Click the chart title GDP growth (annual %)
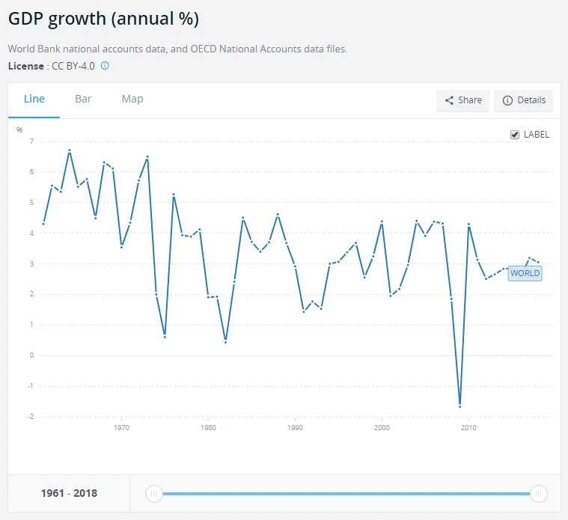tap(103, 19)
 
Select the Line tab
tap(34, 100)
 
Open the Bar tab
tap(83, 100)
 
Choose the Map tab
tap(132, 100)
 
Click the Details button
tap(523, 100)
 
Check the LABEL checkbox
tap(515, 135)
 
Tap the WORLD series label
tap(525, 273)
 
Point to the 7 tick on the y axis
tap(31, 141)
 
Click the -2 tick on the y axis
tap(31, 417)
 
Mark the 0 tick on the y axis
tap(31, 355)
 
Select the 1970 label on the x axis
tap(121, 429)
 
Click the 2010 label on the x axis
tap(468, 429)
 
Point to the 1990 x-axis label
tap(295, 429)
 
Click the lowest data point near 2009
tap(459, 406)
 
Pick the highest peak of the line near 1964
tap(70, 150)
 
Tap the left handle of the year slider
tap(153, 494)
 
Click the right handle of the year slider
tap(538, 494)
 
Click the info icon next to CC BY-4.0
tap(105, 66)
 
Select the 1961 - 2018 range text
tap(68, 494)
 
